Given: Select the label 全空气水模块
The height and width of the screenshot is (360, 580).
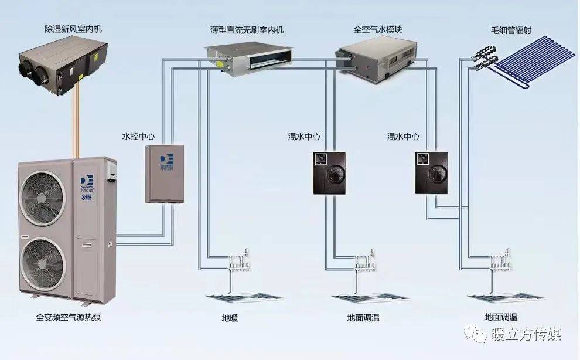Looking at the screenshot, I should [377, 29].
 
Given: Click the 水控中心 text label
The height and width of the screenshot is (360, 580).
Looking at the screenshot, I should [138, 136].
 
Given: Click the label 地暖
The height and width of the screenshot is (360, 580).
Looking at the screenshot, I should [230, 318].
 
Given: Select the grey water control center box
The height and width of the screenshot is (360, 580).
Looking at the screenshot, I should [165, 174].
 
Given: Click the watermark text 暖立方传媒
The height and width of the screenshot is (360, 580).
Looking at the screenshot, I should [526, 335].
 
